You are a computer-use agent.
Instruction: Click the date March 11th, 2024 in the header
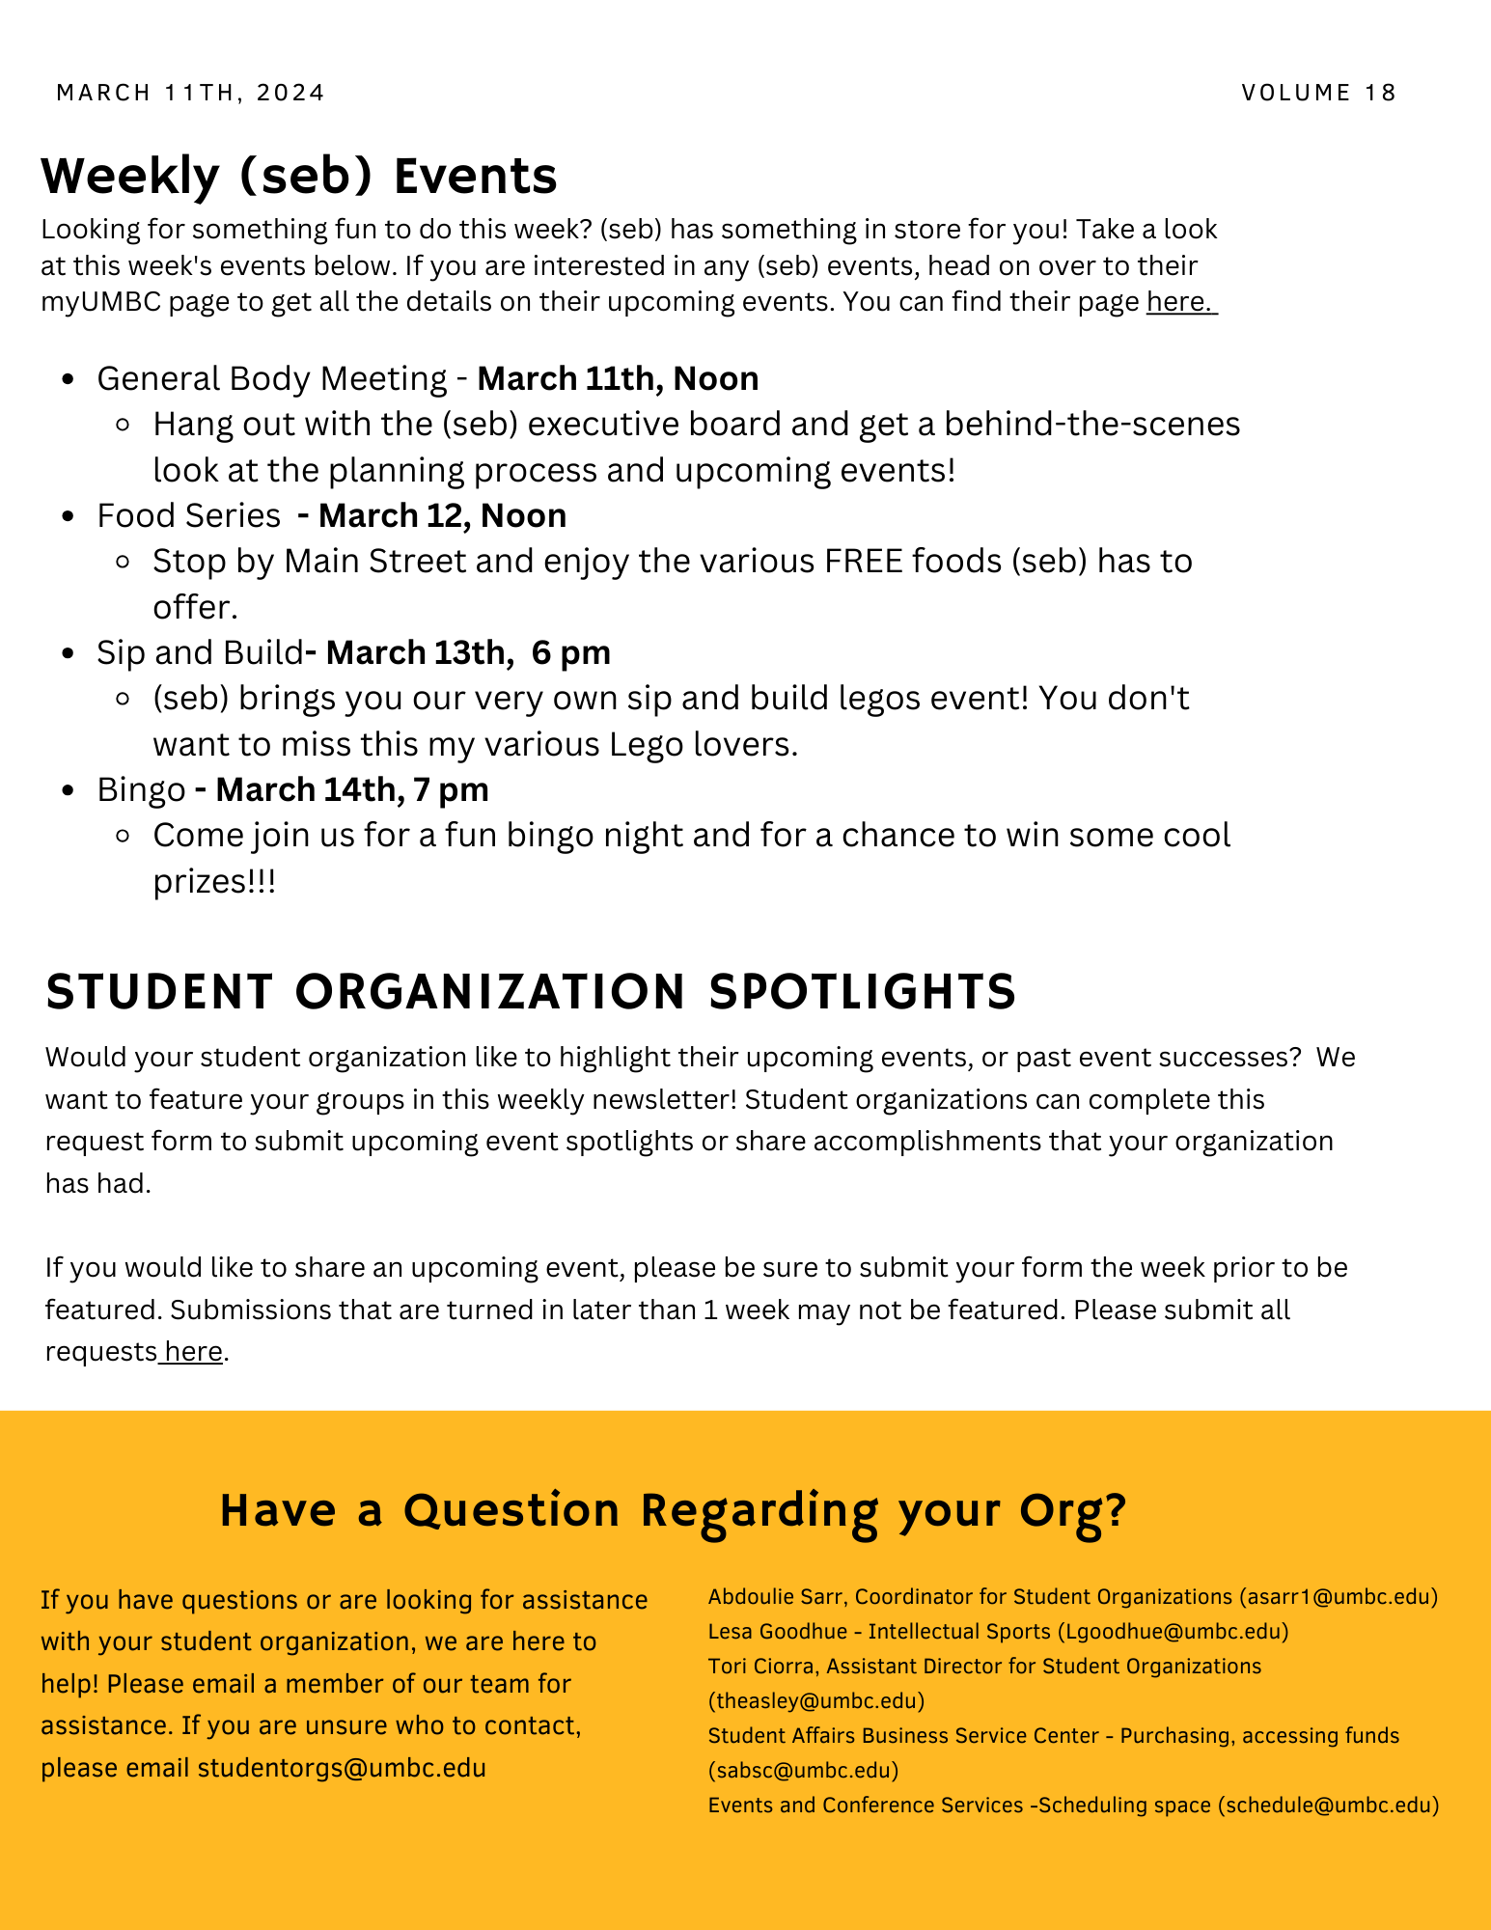pos(190,93)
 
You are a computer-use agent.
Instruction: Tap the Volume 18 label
pos(1318,93)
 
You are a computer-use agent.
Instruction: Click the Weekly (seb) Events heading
pos(299,176)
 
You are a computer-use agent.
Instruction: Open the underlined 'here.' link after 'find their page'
pos(1179,302)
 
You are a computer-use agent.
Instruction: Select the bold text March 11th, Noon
pos(618,378)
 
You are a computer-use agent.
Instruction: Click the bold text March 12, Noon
pos(442,515)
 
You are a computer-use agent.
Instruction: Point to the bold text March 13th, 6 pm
pos(468,652)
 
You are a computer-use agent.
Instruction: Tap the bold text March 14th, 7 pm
pos(351,789)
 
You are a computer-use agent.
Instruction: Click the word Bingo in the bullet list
pos(141,789)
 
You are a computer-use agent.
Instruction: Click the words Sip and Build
pos(200,652)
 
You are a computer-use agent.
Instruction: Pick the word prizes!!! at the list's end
pos(214,881)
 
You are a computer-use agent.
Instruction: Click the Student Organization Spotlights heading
pos(531,992)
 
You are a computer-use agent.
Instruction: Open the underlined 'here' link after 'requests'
pos(193,1351)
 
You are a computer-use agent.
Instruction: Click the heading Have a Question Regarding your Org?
pos(673,1510)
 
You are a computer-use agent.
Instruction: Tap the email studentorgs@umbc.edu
pos(342,1768)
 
